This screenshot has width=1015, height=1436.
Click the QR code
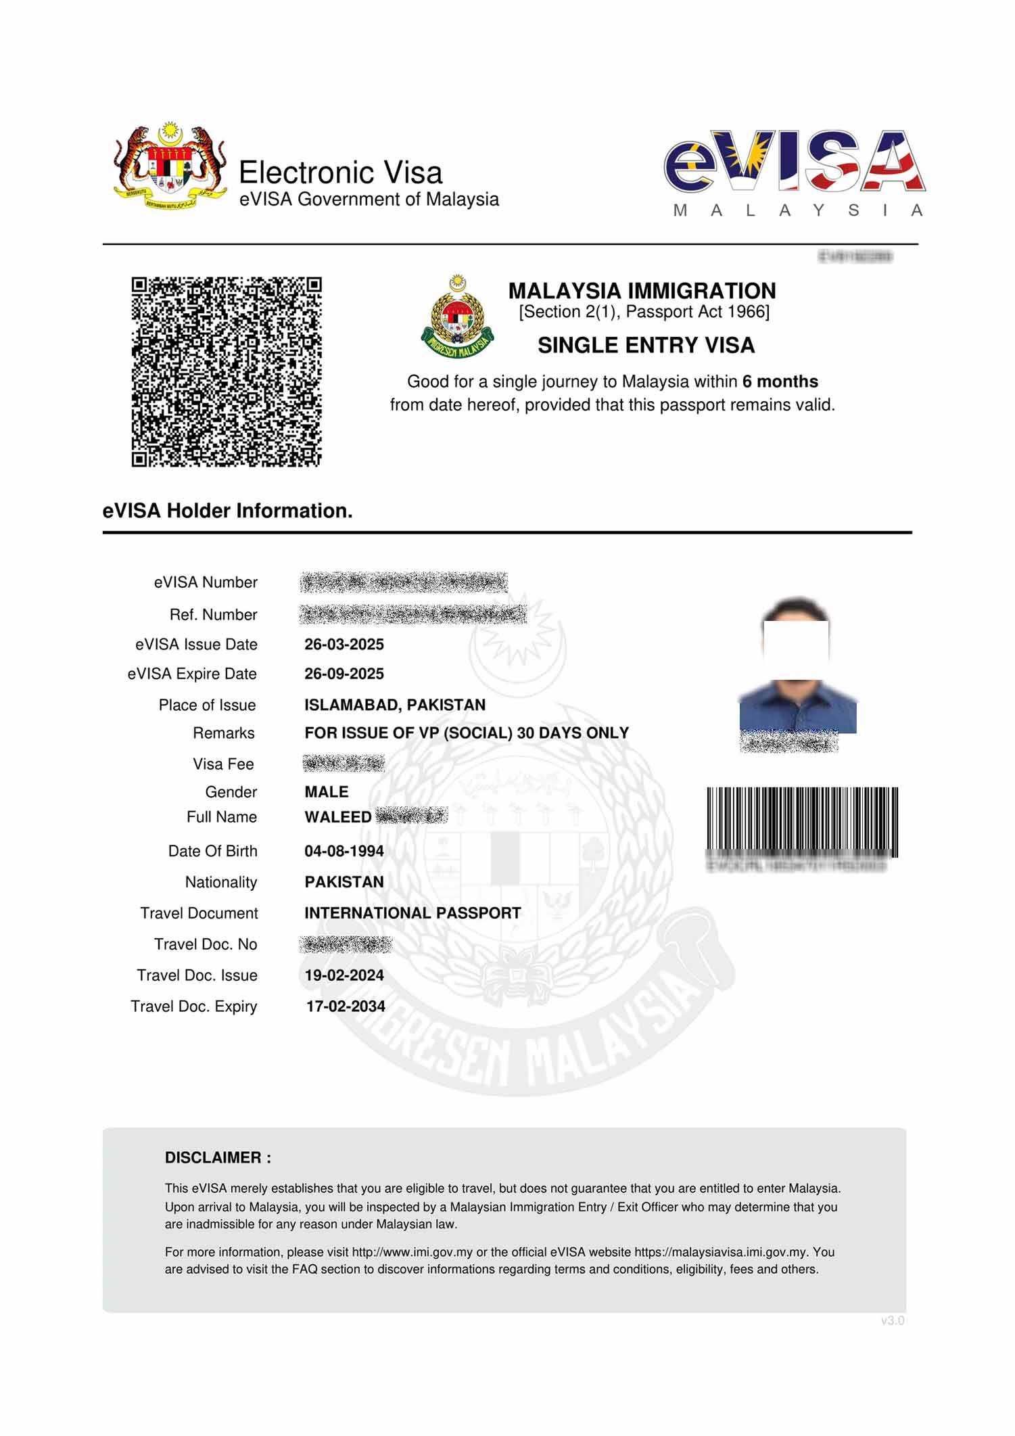click(226, 371)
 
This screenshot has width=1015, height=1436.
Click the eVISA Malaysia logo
click(795, 173)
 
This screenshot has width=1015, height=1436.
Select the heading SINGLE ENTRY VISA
click(646, 346)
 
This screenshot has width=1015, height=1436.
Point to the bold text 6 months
click(780, 381)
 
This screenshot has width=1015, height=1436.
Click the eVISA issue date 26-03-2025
click(344, 645)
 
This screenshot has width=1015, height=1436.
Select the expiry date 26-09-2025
click(344, 674)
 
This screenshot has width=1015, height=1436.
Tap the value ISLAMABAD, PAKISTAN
click(395, 705)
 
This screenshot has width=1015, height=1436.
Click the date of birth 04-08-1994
click(344, 852)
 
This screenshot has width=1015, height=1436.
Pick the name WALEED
click(337, 818)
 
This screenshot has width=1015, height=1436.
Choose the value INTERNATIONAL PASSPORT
click(412, 914)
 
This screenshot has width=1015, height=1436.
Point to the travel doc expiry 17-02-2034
click(346, 1007)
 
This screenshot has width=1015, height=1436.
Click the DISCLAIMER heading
click(218, 1158)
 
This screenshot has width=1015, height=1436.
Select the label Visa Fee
click(223, 765)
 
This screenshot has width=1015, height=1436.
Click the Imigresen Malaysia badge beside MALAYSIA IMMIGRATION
click(458, 317)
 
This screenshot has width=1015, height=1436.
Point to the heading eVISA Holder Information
click(227, 511)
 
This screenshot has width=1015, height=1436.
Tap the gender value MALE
click(327, 793)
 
